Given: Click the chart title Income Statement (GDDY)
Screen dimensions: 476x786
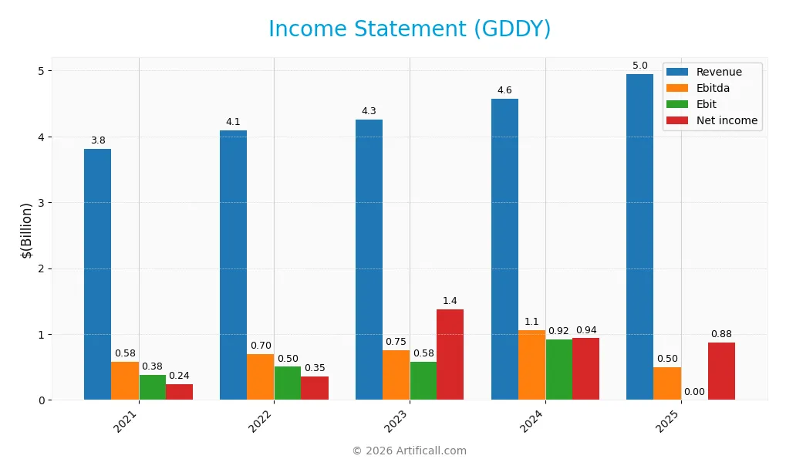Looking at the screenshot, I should click(410, 29).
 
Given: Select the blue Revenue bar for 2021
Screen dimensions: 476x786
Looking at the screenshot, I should click(97, 274).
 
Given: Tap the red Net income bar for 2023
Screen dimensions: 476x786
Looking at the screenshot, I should click(450, 354).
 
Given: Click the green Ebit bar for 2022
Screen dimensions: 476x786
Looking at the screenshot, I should click(288, 383).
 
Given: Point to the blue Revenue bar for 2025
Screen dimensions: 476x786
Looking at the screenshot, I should click(639, 237).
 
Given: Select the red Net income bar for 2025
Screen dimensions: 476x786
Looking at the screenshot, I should click(721, 371).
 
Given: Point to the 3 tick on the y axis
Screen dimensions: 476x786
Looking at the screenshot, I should click(42, 203).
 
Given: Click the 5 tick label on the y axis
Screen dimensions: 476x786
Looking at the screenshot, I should click(42, 71).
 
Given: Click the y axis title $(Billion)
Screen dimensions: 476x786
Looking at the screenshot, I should click(27, 230).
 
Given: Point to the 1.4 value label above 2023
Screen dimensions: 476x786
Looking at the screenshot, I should click(450, 300).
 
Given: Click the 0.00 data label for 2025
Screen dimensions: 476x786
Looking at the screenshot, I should click(694, 392).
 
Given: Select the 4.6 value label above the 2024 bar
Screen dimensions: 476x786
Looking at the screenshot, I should click(504, 90).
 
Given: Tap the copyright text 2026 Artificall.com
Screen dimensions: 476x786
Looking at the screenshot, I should click(410, 451).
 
